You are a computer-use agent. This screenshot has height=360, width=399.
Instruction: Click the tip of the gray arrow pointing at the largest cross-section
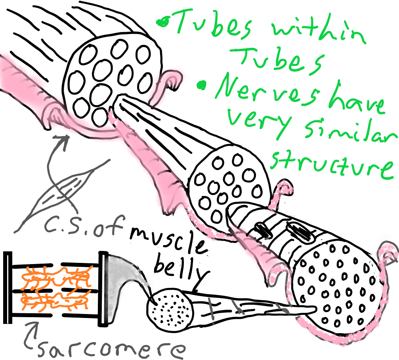click(67, 137)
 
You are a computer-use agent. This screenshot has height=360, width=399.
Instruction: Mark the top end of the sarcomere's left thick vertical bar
click(8, 253)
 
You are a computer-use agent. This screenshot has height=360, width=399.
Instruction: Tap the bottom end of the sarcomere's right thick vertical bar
click(103, 326)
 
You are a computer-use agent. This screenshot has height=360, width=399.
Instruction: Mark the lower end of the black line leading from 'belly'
click(193, 291)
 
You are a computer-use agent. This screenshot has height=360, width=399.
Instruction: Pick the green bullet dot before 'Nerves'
click(202, 85)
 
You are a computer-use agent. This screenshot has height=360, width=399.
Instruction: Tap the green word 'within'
click(318, 29)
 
